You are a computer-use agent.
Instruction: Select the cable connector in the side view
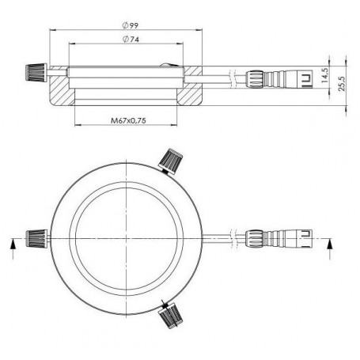tap(275, 79)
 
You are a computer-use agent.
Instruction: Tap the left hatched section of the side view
tap(59, 91)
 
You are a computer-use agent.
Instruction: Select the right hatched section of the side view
tap(194, 91)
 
